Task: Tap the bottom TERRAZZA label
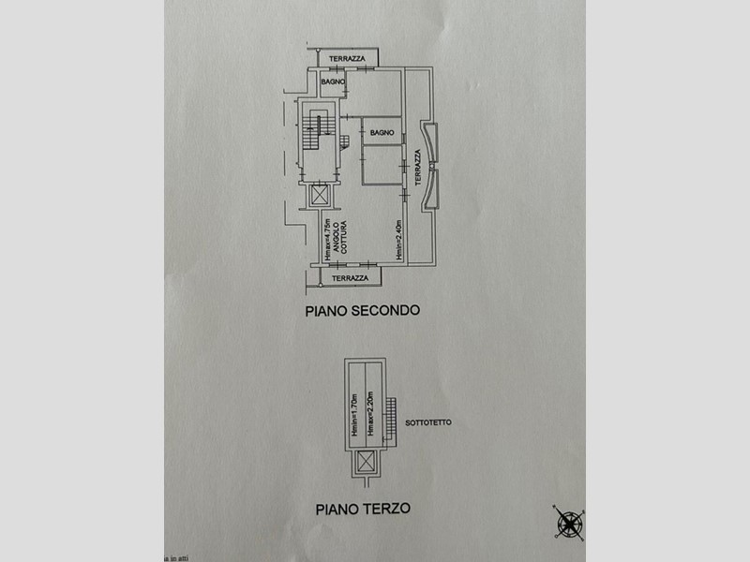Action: (349, 278)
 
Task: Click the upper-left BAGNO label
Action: (333, 83)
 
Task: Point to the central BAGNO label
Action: (381, 133)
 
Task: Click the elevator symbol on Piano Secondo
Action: (320, 196)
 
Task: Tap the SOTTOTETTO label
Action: (428, 423)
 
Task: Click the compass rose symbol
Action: (568, 521)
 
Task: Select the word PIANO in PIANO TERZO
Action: (339, 510)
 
